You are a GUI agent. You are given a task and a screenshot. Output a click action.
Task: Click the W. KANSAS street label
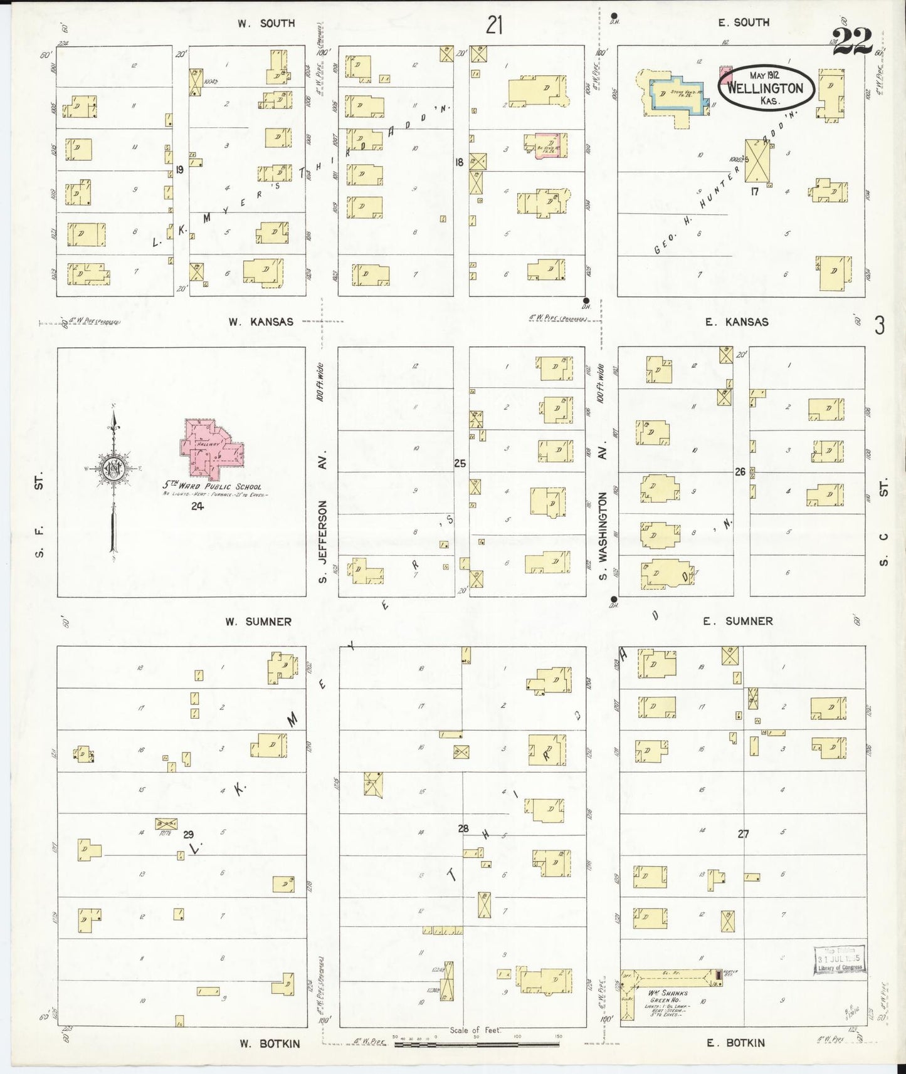[x=260, y=321]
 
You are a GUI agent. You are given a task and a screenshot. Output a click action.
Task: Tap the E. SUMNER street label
[x=737, y=621]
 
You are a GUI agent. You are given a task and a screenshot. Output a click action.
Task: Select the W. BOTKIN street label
[x=270, y=1043]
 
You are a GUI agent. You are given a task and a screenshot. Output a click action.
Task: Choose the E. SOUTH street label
[x=744, y=23]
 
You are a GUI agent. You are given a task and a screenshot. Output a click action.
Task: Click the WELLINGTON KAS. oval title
[x=766, y=88]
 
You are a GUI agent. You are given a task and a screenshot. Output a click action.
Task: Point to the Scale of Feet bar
[x=477, y=1045]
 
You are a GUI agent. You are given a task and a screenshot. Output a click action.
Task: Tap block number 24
[x=198, y=506]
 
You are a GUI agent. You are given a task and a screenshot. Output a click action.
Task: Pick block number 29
[x=188, y=835]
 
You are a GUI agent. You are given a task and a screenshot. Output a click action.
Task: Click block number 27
[x=743, y=834]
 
